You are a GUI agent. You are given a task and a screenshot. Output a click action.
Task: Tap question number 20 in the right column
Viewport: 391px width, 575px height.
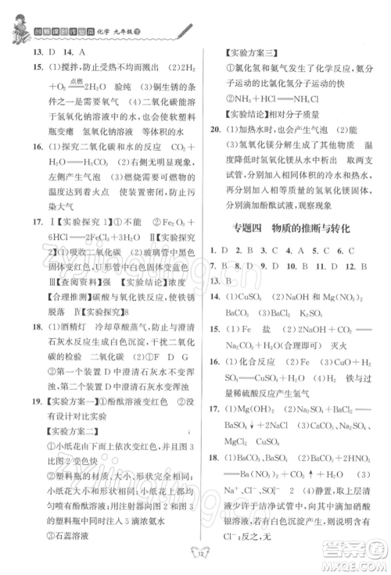pyautogui.click(x=220, y=129)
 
